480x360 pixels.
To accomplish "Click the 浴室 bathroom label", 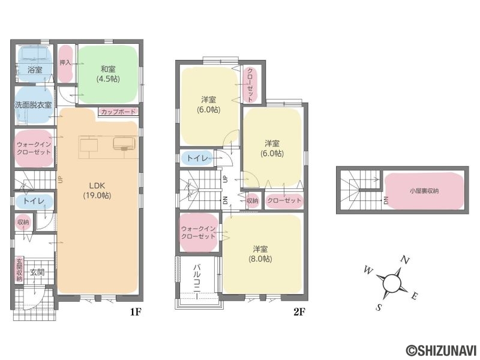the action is pos(35,70).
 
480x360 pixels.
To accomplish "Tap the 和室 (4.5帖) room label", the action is pos(108,74).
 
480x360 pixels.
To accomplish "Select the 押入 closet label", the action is pos(65,63).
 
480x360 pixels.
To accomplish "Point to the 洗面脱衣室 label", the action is pos(34,105).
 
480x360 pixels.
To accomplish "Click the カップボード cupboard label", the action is pos(118,112).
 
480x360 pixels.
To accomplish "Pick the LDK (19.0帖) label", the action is pos(97,190).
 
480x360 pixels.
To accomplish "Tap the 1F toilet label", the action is pos(34,201).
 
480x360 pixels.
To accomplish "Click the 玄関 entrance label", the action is pos(37,272).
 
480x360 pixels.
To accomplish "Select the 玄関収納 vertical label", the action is pos(19,269).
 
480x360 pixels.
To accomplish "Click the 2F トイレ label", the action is pos(197,158).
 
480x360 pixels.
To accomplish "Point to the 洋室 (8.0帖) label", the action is pos(260,254).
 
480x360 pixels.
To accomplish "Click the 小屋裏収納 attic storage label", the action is pos(424,191).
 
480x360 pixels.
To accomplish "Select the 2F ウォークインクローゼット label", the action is pos(199,232).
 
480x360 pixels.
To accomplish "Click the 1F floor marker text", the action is pos(136,312).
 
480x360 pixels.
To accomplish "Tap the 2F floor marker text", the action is pos(299,312).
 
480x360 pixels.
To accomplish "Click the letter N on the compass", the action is pos(405,260).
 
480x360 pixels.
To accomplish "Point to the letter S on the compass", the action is pos(379,307).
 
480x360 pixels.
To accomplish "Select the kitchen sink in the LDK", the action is pos(124,143).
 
